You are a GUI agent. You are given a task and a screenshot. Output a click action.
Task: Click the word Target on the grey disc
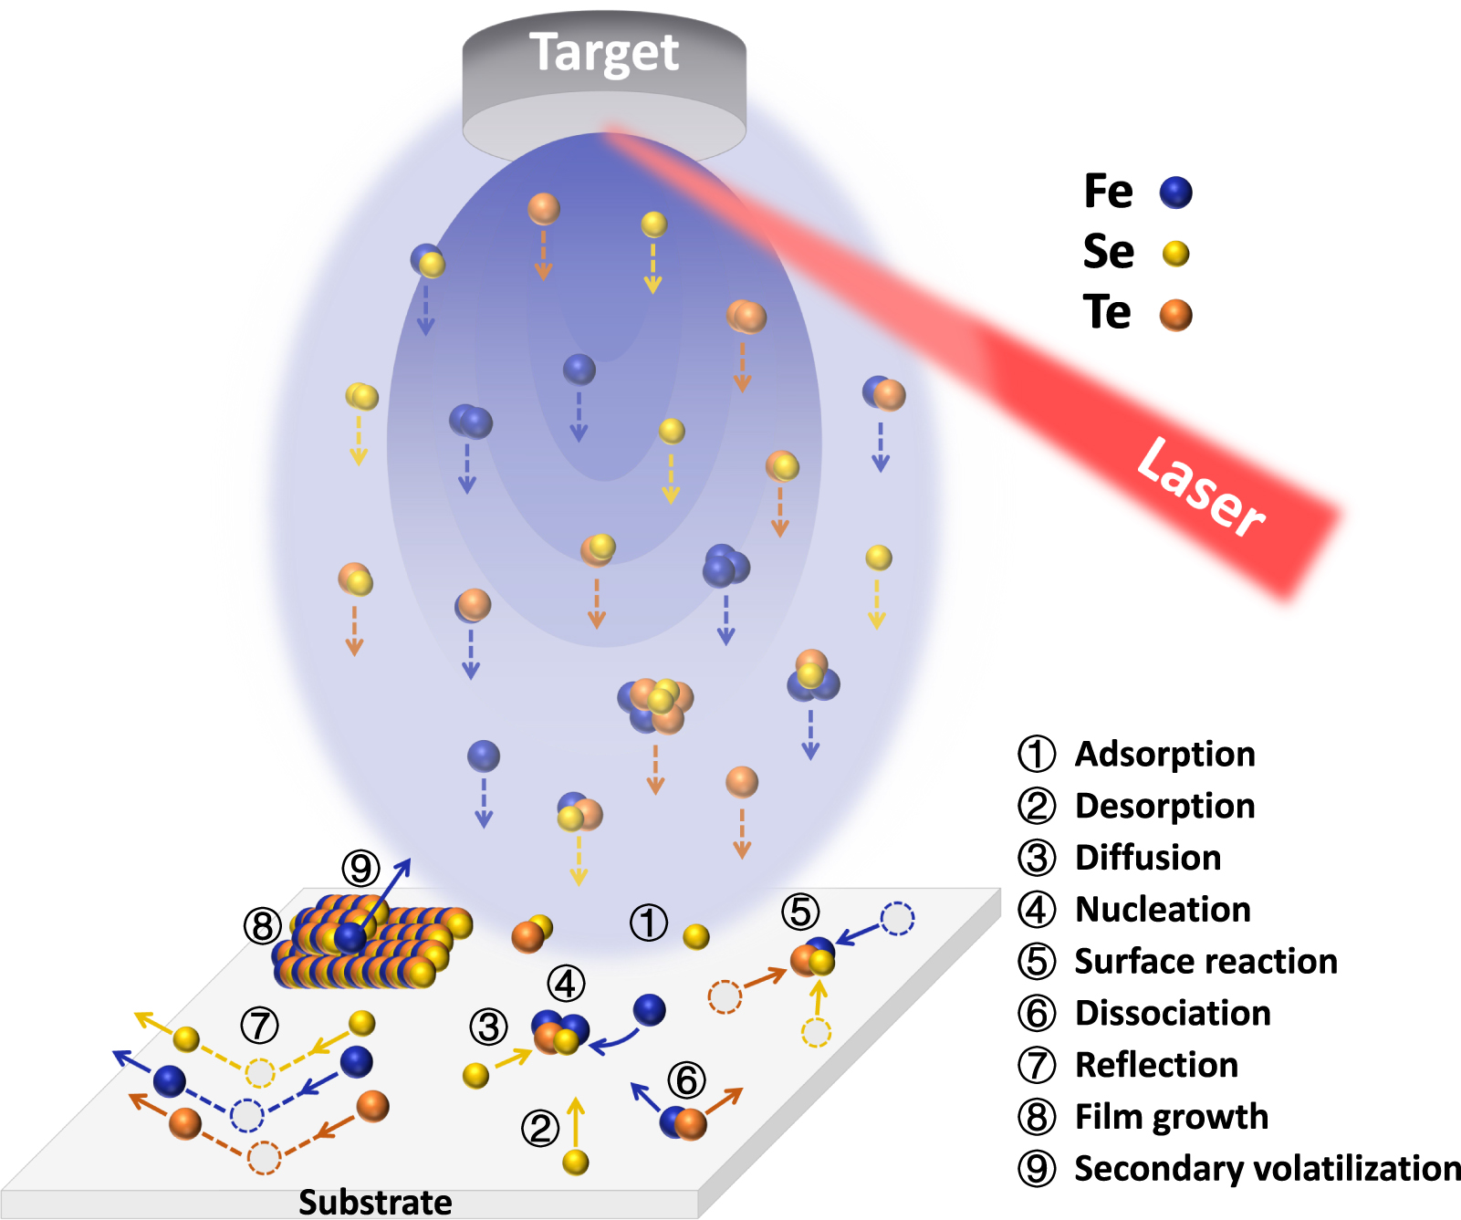[604, 53]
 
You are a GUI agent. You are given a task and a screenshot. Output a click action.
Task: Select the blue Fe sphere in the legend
[1175, 193]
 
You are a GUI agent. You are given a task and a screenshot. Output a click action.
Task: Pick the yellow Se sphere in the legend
[1175, 253]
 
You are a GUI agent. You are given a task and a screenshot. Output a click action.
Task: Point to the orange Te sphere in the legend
[1175, 315]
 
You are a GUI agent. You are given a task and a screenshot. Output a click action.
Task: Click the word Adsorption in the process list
[1165, 755]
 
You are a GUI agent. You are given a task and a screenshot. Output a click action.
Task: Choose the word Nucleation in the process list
[1163, 910]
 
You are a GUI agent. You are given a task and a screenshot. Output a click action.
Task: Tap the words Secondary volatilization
[1267, 1169]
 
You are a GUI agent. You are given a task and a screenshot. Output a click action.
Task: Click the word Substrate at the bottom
[375, 1202]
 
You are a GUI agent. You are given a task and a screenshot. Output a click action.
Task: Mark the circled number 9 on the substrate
[360, 868]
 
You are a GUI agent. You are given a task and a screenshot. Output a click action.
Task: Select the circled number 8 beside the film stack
[262, 926]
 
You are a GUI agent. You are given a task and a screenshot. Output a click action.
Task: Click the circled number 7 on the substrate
[259, 1026]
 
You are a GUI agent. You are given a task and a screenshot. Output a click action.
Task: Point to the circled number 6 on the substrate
[686, 1080]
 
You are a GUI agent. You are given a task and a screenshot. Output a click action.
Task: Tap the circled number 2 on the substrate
[539, 1129]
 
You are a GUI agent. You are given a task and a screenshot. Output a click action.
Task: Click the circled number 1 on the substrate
[648, 923]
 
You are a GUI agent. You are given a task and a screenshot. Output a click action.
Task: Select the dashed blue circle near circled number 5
[897, 919]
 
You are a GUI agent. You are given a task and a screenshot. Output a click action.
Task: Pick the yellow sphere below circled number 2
[576, 1162]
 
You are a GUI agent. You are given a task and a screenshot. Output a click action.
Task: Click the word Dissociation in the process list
[1173, 1014]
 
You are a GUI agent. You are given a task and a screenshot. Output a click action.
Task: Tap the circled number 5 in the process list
[1037, 962]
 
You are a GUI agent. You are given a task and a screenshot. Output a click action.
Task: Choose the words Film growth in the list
[1172, 1117]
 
